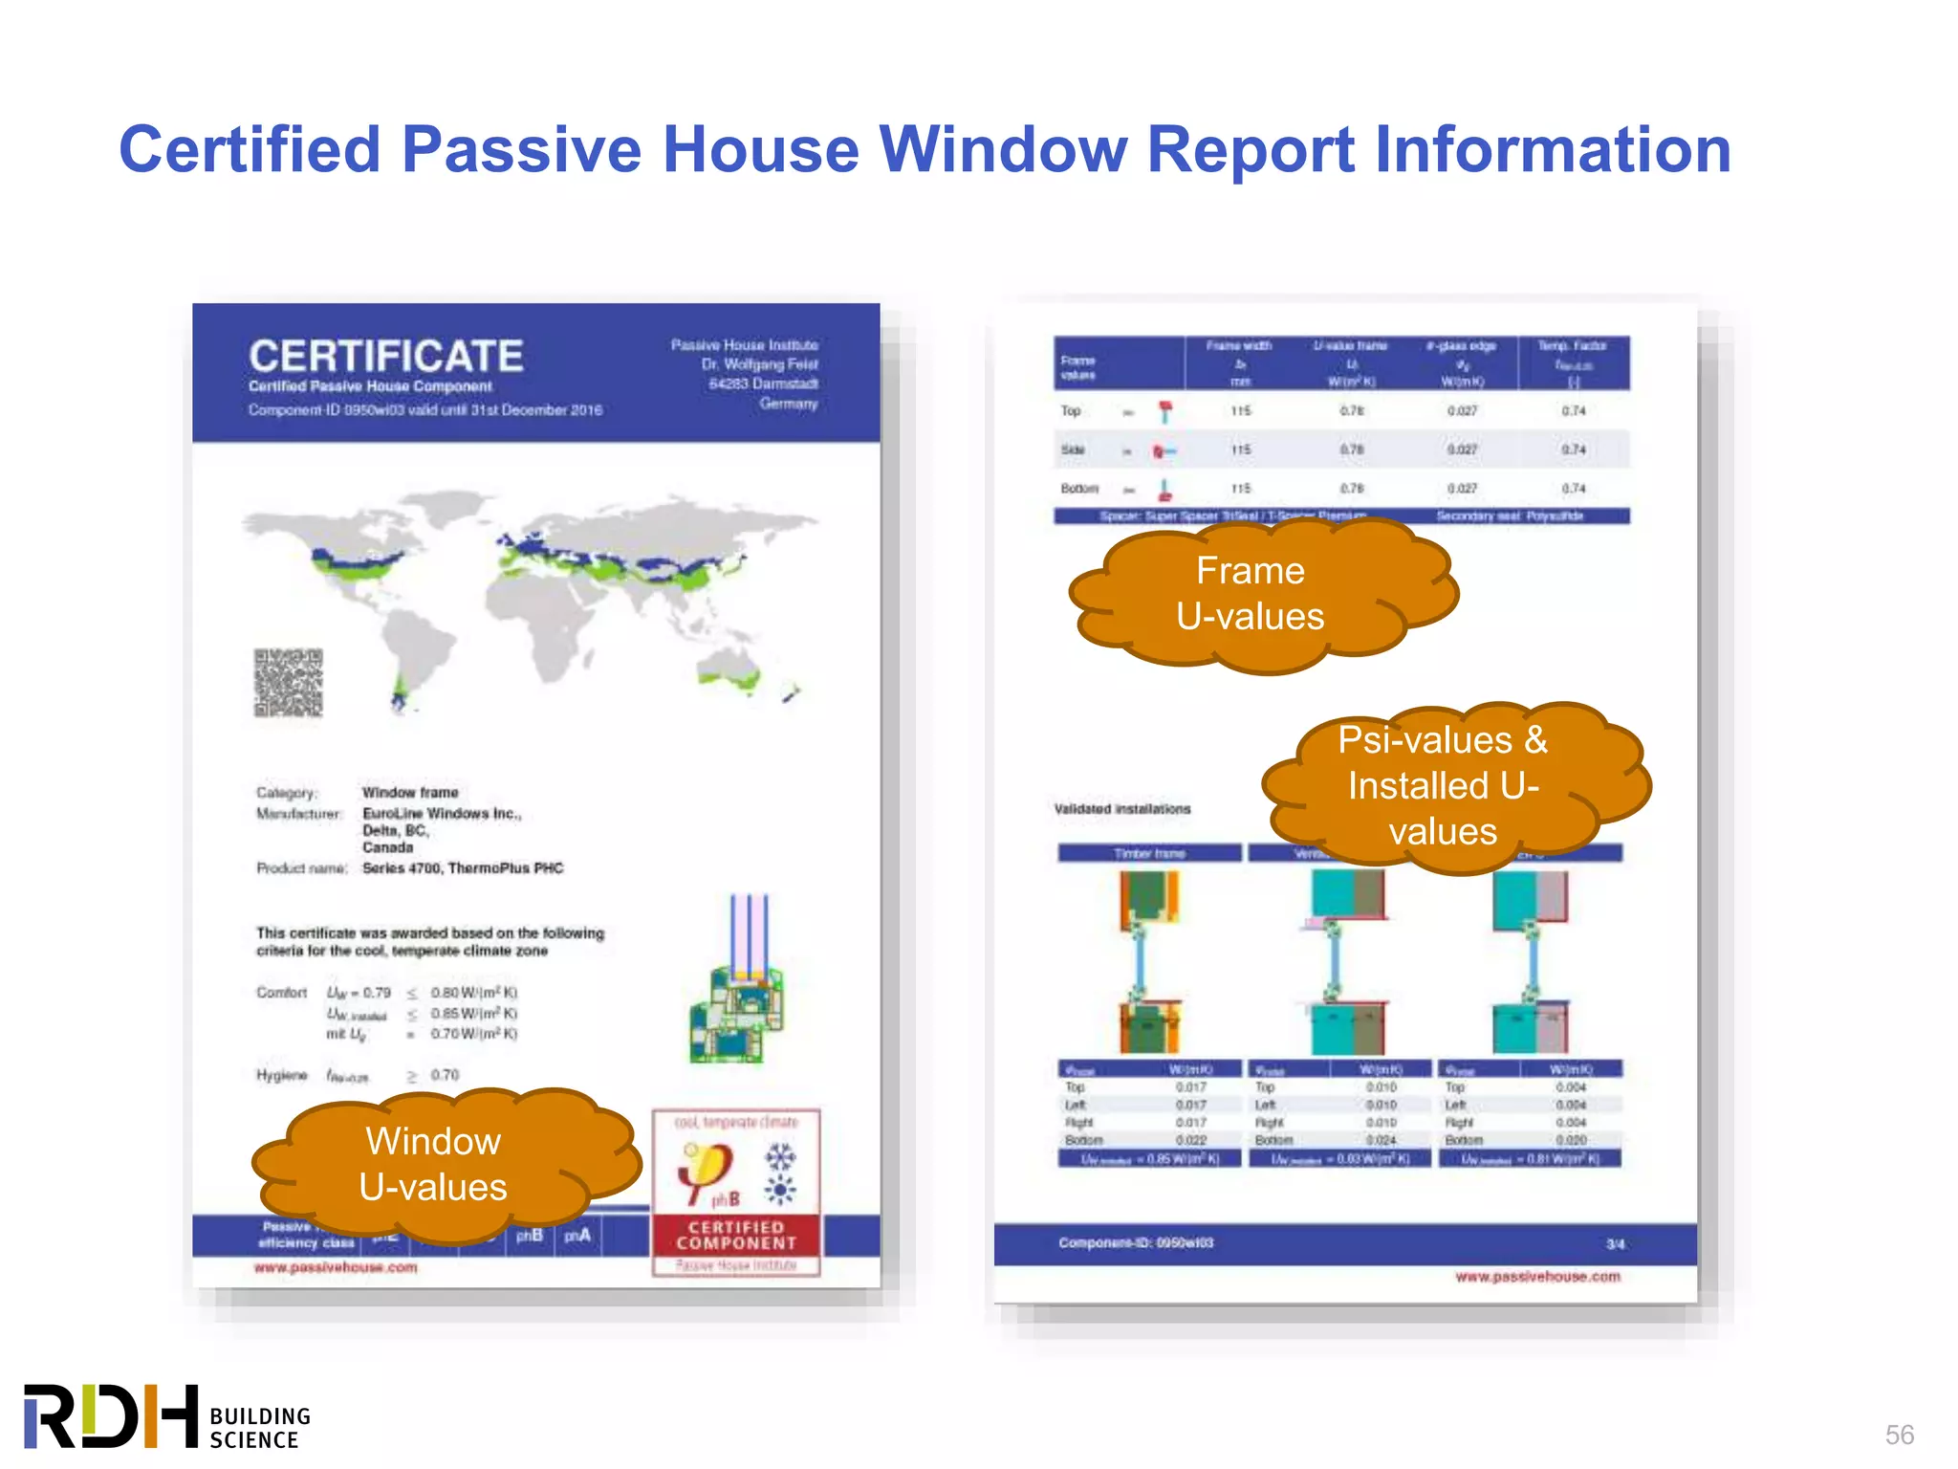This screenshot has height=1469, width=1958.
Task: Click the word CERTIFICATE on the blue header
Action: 386,357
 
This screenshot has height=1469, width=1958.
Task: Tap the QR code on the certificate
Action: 288,683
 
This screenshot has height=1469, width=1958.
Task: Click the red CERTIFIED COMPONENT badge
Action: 736,1235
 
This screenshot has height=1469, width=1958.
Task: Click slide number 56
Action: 1899,1435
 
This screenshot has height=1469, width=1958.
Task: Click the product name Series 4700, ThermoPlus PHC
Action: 463,868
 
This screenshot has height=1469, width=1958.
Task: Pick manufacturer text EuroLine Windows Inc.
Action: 441,814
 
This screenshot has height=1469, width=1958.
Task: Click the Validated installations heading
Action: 1122,809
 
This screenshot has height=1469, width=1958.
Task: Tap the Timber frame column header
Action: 1149,853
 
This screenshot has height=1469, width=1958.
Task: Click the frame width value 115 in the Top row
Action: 1240,411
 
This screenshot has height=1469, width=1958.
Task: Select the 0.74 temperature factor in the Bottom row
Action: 1574,489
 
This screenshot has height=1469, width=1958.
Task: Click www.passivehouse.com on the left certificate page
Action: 336,1268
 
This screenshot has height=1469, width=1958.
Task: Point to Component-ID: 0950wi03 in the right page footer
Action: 1136,1243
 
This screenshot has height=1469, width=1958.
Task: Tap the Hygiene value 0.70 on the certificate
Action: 445,1076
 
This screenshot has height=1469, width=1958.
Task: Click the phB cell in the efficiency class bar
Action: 530,1236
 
